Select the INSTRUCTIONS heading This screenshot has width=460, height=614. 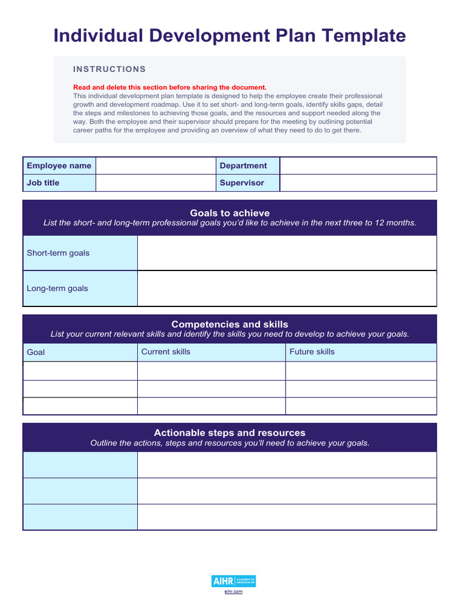click(x=109, y=69)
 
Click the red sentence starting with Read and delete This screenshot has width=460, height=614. click(x=170, y=87)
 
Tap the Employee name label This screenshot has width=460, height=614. click(x=59, y=165)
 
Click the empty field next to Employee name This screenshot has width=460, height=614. click(x=155, y=165)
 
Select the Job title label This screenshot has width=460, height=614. click(x=43, y=183)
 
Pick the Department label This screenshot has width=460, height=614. click(x=243, y=165)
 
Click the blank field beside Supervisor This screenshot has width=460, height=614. click(x=358, y=183)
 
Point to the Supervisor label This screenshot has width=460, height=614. click(x=241, y=183)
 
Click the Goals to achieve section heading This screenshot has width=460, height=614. click(x=229, y=213)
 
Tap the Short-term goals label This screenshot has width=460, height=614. click(x=58, y=253)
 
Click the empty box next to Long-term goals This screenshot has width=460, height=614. click(x=287, y=288)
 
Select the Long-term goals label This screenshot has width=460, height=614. click(x=57, y=288)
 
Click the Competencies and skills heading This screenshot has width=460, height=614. click(x=229, y=324)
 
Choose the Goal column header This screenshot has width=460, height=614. click(x=36, y=352)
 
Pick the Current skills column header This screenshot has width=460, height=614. click(x=165, y=352)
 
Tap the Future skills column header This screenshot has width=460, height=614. click(x=312, y=352)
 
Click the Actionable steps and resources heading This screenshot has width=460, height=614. click(x=229, y=433)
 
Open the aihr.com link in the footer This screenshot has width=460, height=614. click(x=234, y=592)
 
